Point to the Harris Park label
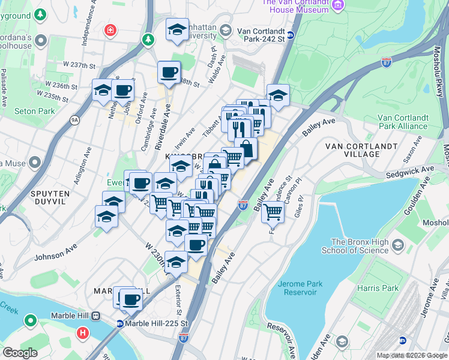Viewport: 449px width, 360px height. click(x=382, y=288)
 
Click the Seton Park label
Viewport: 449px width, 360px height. click(x=34, y=111)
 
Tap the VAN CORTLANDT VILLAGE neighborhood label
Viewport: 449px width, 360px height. click(x=361, y=149)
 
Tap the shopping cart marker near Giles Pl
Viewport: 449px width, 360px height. click(x=273, y=211)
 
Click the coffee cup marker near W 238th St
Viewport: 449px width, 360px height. click(x=169, y=72)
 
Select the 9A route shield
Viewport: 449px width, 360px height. click(x=74, y=120)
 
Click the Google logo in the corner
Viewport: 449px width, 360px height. click(x=20, y=353)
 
